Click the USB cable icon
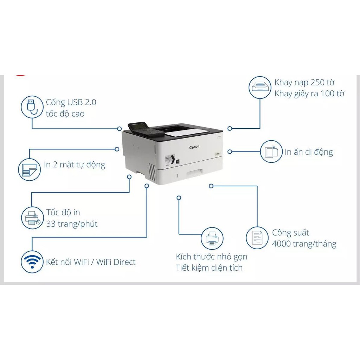[x=32, y=107]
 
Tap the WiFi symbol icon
[x=32, y=262]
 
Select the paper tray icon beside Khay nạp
[x=260, y=88]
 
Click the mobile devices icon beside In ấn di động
[x=271, y=152]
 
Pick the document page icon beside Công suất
[x=257, y=238]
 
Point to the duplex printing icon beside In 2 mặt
[x=30, y=169]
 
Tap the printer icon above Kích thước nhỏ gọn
[x=212, y=239]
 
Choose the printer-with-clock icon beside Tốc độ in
[x=32, y=218]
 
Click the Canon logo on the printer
[x=194, y=147]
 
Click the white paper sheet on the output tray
[x=186, y=133]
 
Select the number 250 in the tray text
[x=318, y=82]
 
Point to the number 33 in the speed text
[x=51, y=224]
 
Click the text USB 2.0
[x=82, y=102]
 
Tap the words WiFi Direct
[x=116, y=262]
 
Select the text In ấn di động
[x=309, y=152]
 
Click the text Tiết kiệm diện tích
[x=209, y=268]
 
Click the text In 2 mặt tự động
[x=75, y=165]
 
